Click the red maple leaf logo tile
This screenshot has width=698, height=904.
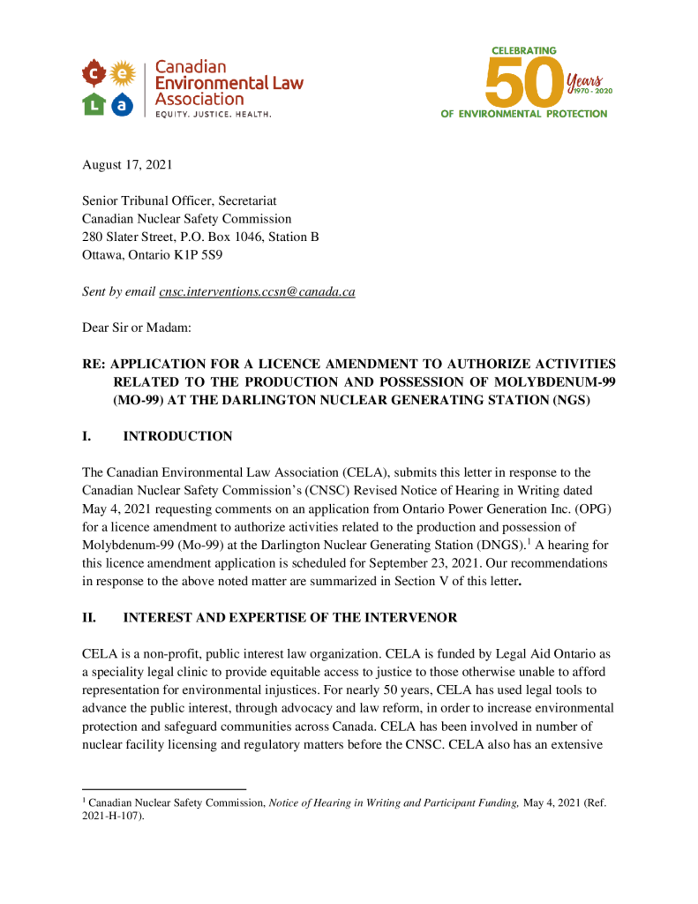click(95, 72)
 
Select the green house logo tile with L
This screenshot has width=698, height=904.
click(95, 104)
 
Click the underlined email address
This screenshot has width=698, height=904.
click(257, 291)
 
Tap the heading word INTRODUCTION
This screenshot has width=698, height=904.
click(177, 436)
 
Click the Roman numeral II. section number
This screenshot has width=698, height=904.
click(89, 618)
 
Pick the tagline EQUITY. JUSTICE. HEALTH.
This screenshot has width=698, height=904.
click(214, 115)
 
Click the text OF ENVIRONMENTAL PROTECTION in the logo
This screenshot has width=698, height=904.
click(524, 114)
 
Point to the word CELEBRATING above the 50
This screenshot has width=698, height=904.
click(523, 51)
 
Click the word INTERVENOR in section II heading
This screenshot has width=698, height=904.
click(417, 618)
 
